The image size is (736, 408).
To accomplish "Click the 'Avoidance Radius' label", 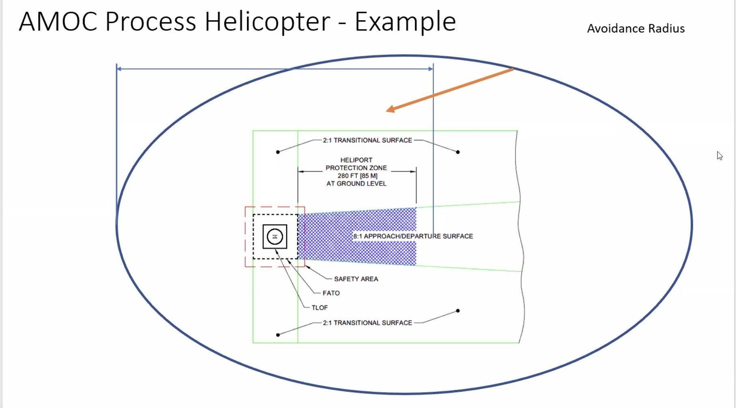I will [x=635, y=28].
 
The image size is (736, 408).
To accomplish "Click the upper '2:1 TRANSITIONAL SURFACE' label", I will [x=367, y=140].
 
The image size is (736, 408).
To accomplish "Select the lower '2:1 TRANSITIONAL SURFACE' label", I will [x=367, y=323].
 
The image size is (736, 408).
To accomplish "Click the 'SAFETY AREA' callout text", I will [x=356, y=279].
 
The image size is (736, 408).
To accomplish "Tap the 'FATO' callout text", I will [x=331, y=293].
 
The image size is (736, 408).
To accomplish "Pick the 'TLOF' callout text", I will [x=320, y=308].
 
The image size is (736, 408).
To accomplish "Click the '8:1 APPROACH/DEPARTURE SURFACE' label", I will [x=413, y=236].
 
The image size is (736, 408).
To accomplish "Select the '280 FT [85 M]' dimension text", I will [x=357, y=176].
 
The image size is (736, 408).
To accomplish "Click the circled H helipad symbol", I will [x=275, y=237].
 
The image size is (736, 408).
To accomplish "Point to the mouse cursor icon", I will [x=719, y=156].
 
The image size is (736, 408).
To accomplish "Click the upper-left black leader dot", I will [x=278, y=152].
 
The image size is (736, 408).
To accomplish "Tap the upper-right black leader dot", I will [x=458, y=152].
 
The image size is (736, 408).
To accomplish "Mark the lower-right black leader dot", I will [x=458, y=311].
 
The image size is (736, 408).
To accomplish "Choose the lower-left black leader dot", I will [x=278, y=335].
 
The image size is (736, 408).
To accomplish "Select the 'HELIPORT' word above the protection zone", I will [x=356, y=160].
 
